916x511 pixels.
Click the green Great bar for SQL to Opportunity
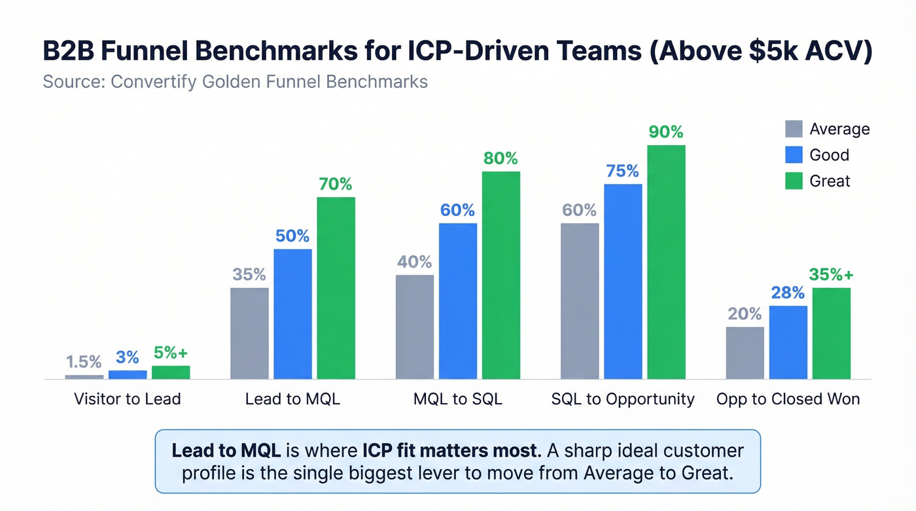[666, 262]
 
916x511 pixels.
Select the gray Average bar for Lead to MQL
[249, 333]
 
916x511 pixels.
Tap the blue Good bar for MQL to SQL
[457, 301]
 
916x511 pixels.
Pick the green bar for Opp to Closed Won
[831, 333]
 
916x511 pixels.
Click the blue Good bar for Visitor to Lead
[128, 374]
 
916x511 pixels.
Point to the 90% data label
[666, 132]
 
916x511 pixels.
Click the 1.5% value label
[84, 362]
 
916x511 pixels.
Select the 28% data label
[788, 292]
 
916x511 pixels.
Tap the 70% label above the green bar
[336, 184]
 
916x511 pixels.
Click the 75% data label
[622, 171]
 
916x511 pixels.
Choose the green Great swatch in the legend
[793, 181]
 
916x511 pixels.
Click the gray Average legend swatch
[793, 129]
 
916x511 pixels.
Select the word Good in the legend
[829, 155]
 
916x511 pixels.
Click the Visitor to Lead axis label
[127, 399]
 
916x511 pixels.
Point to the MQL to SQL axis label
[458, 399]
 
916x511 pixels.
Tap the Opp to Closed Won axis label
[788, 399]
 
